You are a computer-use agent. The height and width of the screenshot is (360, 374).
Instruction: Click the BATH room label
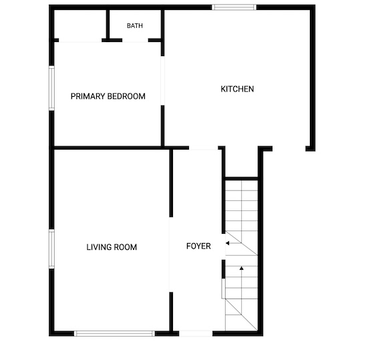pyautogui.click(x=135, y=26)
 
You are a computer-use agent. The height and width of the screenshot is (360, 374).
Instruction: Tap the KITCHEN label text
pyautogui.click(x=237, y=89)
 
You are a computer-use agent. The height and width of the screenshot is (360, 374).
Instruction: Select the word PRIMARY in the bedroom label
pyautogui.click(x=87, y=96)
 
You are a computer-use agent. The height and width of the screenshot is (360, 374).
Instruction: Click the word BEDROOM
pyautogui.click(x=126, y=96)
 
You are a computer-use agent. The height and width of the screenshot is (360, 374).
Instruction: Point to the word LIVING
pyautogui.click(x=98, y=247)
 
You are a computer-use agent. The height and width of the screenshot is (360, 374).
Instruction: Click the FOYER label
pyautogui.click(x=198, y=246)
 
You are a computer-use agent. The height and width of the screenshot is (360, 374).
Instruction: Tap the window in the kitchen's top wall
pyautogui.click(x=234, y=7)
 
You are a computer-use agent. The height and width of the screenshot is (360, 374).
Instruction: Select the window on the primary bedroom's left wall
pyautogui.click(x=51, y=88)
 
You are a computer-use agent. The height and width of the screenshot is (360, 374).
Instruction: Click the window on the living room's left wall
pyautogui.click(x=51, y=249)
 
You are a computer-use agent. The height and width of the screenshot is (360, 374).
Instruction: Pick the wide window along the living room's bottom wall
pyautogui.click(x=114, y=333)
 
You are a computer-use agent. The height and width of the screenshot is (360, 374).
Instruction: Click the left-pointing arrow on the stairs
pyautogui.click(x=234, y=243)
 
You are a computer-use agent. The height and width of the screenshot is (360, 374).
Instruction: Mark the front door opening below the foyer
pyautogui.click(x=196, y=333)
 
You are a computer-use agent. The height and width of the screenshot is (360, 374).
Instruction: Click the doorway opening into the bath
pyautogui.click(x=135, y=41)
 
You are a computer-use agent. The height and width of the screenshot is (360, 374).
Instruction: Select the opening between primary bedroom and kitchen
pyautogui.click(x=163, y=81)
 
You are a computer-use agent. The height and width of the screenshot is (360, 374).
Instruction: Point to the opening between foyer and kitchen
pyautogui.click(x=204, y=148)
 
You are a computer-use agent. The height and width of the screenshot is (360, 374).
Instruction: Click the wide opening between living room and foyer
pyautogui.click(x=171, y=254)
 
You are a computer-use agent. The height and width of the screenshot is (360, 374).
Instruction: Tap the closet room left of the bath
pyautogui.click(x=80, y=25)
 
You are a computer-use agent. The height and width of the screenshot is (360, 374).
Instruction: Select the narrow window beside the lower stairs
pyautogui.click(x=223, y=289)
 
